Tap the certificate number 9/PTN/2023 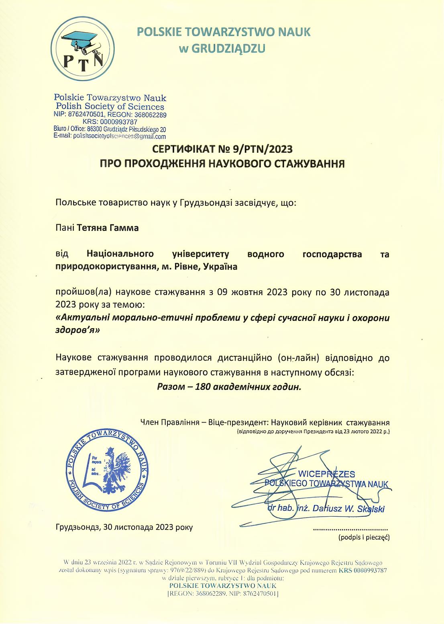tap(263, 150)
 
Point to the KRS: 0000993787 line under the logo tap(110, 122)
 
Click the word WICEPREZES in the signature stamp tap(326, 474)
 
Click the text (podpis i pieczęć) tap(364, 537)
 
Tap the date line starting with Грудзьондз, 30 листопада tap(124, 527)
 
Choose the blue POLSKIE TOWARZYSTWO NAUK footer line tap(223, 585)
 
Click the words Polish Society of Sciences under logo tap(110, 107)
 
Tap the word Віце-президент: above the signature tap(238, 423)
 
